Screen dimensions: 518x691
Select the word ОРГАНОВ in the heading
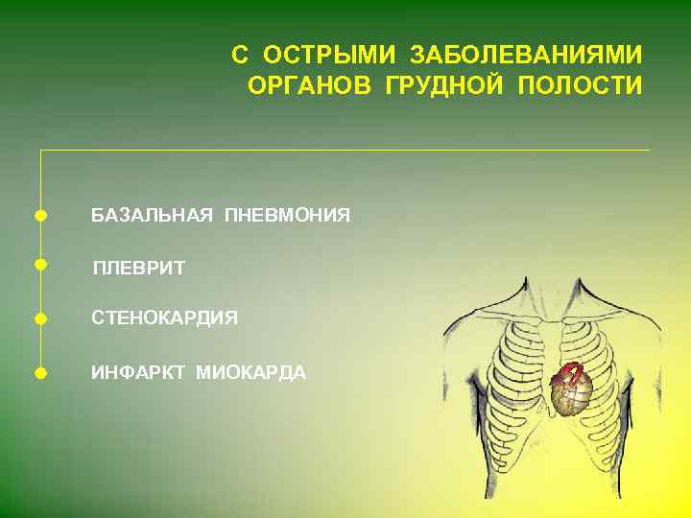pyautogui.click(x=310, y=86)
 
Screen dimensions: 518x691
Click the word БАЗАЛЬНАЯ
pyautogui.click(x=152, y=215)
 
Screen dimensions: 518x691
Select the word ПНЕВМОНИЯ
pyautogui.click(x=287, y=215)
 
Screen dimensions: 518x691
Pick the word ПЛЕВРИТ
pyautogui.click(x=138, y=268)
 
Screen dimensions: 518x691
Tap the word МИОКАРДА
pyautogui.click(x=250, y=372)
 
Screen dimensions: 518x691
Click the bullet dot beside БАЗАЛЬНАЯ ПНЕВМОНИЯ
pyautogui.click(x=39, y=215)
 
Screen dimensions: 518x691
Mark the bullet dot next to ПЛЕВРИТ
pyautogui.click(x=39, y=263)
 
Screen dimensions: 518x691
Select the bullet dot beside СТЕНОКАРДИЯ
pyautogui.click(x=39, y=318)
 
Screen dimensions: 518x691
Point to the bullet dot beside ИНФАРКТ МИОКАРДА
pyautogui.click(x=39, y=372)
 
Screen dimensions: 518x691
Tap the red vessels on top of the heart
pyautogui.click(x=570, y=369)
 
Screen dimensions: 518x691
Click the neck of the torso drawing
pyautogui.click(x=552, y=293)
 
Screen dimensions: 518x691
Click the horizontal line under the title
pyautogui.click(x=345, y=150)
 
